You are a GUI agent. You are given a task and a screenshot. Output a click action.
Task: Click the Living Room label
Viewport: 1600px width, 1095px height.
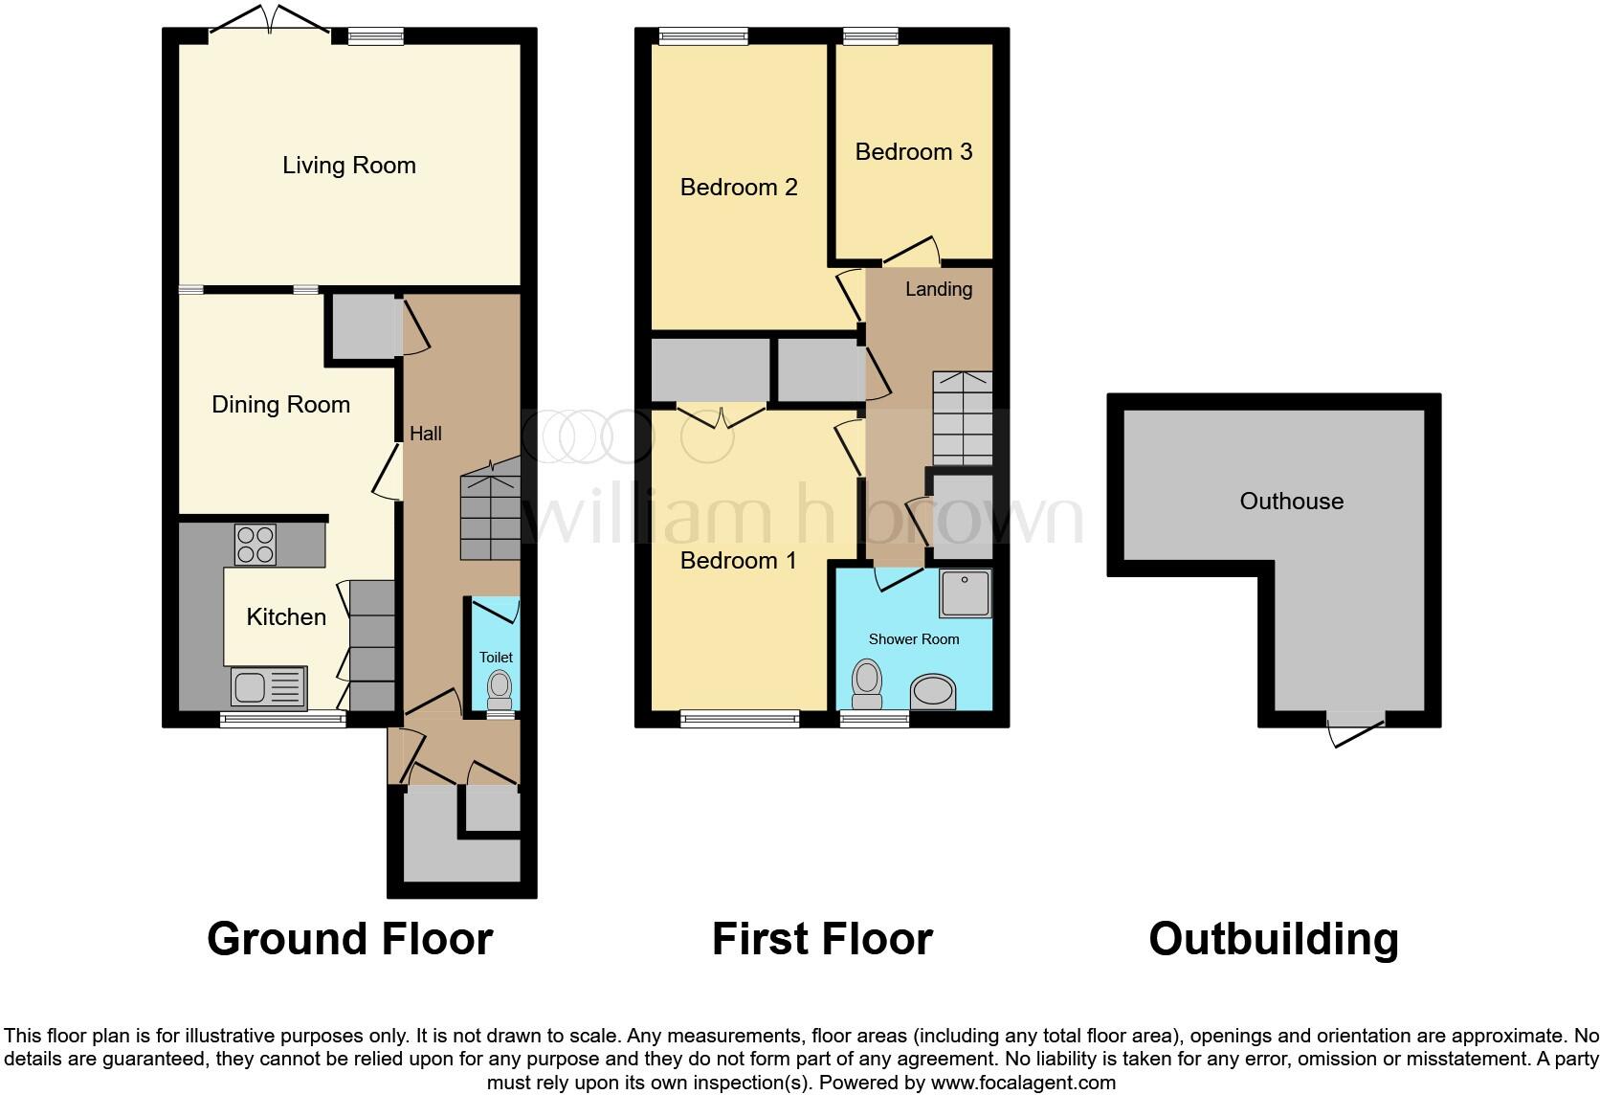click(348, 166)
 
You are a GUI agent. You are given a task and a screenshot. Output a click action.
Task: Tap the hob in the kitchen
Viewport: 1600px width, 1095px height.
click(256, 545)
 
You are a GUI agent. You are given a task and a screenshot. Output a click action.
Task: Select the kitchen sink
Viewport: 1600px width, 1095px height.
click(269, 686)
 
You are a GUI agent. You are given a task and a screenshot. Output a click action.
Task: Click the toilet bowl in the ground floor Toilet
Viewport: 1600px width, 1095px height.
click(499, 685)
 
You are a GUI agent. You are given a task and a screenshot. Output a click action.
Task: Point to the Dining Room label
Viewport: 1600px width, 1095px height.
click(280, 405)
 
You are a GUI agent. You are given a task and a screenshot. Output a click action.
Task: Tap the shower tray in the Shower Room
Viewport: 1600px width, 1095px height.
click(965, 593)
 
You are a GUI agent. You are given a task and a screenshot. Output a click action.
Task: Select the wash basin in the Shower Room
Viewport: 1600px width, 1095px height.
click(933, 691)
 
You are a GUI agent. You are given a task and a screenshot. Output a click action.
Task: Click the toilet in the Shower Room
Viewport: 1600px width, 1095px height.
click(867, 679)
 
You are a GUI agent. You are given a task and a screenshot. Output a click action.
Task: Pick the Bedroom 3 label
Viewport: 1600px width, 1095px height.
click(913, 152)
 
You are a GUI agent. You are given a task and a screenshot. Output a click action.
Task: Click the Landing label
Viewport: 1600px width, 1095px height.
click(938, 289)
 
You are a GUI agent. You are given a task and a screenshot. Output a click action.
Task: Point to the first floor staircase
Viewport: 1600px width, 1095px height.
click(962, 418)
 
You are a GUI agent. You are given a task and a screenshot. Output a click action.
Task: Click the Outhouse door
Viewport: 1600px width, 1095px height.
click(1355, 729)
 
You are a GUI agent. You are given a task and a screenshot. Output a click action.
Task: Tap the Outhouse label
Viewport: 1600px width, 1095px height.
click(1291, 502)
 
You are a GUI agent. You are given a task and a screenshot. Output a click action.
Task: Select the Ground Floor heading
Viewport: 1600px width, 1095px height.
click(349, 939)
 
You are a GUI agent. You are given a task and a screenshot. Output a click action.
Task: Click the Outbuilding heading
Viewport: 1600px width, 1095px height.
click(1273, 939)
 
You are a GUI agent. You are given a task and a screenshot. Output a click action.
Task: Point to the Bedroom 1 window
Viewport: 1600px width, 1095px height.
click(739, 718)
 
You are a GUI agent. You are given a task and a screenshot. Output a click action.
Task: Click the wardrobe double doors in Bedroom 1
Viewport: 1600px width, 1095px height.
click(722, 416)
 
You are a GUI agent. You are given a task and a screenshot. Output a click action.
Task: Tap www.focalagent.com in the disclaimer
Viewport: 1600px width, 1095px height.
click(1023, 1084)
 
